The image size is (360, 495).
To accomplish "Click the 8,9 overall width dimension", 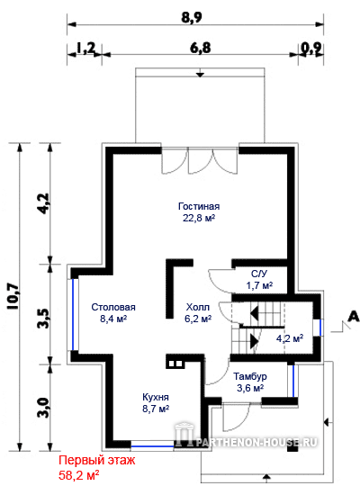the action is coord(192,17).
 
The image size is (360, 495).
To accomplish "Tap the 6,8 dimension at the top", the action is coord(200,49).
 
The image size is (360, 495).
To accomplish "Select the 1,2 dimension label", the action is coord(85,49).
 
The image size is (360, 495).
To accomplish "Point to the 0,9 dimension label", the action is coord(311,49).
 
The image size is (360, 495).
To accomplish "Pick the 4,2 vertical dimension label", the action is coord(44,203).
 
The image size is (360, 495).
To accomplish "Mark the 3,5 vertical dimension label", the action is coord(44,319).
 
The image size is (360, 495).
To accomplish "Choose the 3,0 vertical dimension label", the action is coord(44,407).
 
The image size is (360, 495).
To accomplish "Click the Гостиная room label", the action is coord(199,206).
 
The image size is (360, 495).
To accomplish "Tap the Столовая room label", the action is coord(113,307).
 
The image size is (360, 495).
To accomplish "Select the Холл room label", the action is coord(198,307).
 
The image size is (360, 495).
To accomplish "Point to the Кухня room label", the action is coord(156,397).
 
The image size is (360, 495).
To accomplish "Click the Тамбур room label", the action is coord(250,376).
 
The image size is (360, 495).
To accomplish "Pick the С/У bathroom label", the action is coord(259,274).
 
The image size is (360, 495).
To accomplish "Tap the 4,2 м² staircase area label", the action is coord(290,338).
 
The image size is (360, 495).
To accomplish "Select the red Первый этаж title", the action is coord(97,460).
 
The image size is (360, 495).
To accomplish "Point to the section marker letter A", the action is coord(354,316).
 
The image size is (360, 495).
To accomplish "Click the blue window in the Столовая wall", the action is coord(73,314).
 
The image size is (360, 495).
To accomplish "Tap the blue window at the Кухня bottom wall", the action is coord(152,446).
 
